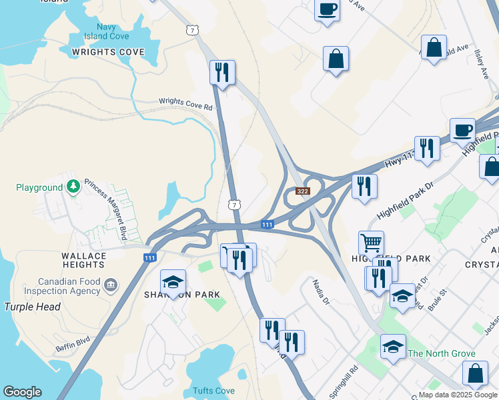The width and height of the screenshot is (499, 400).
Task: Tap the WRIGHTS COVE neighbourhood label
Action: click(108, 52)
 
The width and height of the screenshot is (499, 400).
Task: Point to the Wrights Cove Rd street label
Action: click(185, 104)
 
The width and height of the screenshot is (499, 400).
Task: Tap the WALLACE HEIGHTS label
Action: click(84, 260)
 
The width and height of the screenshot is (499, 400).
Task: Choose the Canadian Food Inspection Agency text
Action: click(59, 286)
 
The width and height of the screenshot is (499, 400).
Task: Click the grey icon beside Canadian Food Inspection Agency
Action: click(110, 285)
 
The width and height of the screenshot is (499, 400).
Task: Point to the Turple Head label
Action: click(32, 307)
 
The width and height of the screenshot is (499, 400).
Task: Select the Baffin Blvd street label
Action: click(73, 345)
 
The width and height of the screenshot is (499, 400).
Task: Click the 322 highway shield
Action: click(303, 191)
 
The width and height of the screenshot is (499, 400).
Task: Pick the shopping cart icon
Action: click(371, 243)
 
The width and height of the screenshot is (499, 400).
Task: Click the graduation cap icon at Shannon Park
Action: click(173, 283)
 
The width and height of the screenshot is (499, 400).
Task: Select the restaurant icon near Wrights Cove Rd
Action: click(222, 72)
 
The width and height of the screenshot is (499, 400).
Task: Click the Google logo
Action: click(22, 392)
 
